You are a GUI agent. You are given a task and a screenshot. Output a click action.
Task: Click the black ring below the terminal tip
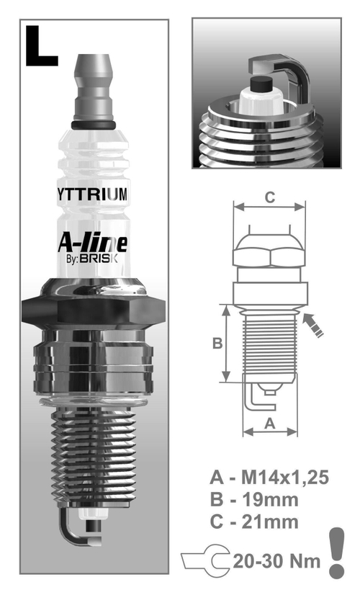pos(94,127)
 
